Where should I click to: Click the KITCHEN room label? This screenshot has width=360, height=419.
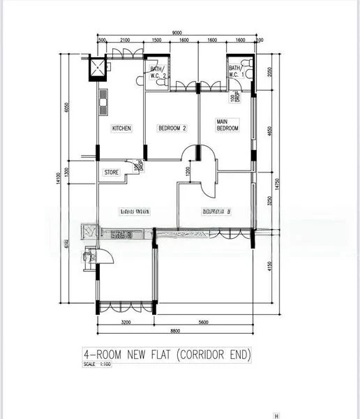point(121,128)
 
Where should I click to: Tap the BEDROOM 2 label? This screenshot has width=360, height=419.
point(172,128)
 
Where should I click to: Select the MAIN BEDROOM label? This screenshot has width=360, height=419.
point(227,126)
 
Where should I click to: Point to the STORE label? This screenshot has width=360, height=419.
point(111,172)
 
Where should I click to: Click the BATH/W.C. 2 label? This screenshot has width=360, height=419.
point(157,72)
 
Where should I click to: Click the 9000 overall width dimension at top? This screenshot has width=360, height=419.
point(177,32)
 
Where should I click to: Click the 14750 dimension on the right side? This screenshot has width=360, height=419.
point(277,183)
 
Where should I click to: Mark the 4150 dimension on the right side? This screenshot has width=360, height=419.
point(270,266)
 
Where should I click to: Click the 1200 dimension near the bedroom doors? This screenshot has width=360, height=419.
point(188,170)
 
